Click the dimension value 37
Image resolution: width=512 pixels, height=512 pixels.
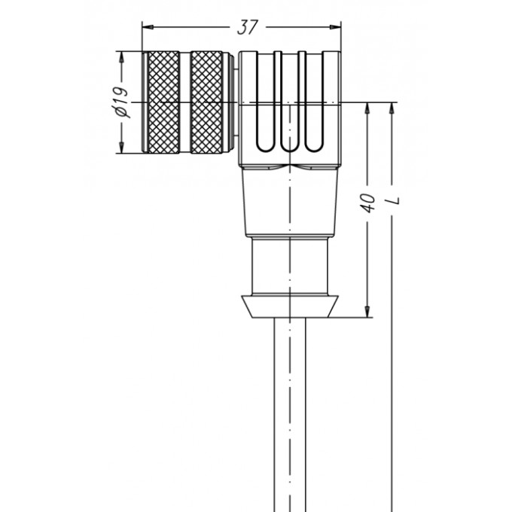coord(248,27)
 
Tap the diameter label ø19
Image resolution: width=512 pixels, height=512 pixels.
coord(121,102)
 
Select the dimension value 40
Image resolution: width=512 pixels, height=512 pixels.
coord(367,203)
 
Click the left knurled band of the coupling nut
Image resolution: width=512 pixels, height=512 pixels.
coord(163,102)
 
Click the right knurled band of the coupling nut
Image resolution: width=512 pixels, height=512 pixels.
coord(206,102)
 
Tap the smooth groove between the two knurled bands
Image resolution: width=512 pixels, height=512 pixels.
coord(185,102)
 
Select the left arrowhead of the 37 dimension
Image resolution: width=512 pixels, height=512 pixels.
coord(148,27)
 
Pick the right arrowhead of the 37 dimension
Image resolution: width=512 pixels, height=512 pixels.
coord(335,27)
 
